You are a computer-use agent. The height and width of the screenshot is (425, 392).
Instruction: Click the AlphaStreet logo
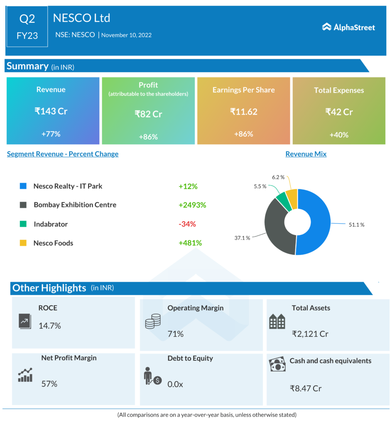point(348,27)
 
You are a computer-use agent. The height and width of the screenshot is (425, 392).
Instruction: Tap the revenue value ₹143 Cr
point(51,111)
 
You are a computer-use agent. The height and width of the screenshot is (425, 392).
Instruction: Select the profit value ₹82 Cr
point(148,114)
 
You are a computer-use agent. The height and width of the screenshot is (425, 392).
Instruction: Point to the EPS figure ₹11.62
point(243,112)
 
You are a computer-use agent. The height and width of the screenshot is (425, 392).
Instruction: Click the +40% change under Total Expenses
point(339,134)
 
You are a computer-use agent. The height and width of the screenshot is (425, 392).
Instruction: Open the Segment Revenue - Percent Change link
point(63,154)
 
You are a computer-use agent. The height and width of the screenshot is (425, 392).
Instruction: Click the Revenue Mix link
point(306,154)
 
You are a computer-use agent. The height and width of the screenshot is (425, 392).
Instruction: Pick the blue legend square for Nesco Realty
point(23,186)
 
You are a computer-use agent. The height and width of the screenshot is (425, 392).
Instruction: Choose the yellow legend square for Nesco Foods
point(23,243)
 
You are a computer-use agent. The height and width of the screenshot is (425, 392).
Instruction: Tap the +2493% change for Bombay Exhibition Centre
point(192,205)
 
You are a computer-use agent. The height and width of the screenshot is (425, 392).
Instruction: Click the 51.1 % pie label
point(356,225)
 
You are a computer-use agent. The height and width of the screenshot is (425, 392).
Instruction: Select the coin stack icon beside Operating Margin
point(153,322)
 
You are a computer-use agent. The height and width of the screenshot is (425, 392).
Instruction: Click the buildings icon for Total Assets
point(277,322)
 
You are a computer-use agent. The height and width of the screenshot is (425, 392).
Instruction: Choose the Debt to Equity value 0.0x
point(175,384)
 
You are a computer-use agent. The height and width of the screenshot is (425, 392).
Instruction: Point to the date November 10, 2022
point(126,35)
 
